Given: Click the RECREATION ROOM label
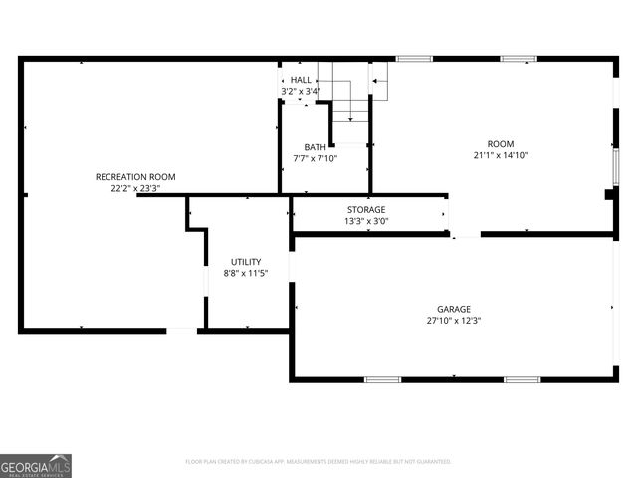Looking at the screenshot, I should [x=135, y=176].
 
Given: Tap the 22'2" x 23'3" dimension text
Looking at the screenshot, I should [x=135, y=188].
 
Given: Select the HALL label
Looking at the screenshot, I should [x=301, y=80].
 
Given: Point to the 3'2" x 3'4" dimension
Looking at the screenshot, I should [x=301, y=92].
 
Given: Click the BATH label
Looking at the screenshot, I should [x=316, y=147].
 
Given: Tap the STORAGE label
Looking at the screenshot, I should [x=366, y=209].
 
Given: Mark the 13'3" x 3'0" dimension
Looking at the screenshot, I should [x=366, y=221].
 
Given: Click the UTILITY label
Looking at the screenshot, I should [x=246, y=262].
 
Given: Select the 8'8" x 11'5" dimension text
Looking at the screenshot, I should [x=246, y=274].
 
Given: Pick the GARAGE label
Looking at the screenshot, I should [x=454, y=309].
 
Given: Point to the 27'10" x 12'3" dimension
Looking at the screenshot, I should [x=454, y=321].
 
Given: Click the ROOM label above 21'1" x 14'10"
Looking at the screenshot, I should [x=501, y=143].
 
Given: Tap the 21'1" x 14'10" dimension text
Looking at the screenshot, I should [x=501, y=155].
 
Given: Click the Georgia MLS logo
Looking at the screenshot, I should [x=36, y=465].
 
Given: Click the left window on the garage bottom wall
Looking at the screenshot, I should [x=382, y=379].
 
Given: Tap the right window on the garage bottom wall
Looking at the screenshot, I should [x=522, y=379].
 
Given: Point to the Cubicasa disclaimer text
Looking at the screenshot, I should [x=318, y=462].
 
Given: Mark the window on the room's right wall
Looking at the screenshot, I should [x=616, y=166].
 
